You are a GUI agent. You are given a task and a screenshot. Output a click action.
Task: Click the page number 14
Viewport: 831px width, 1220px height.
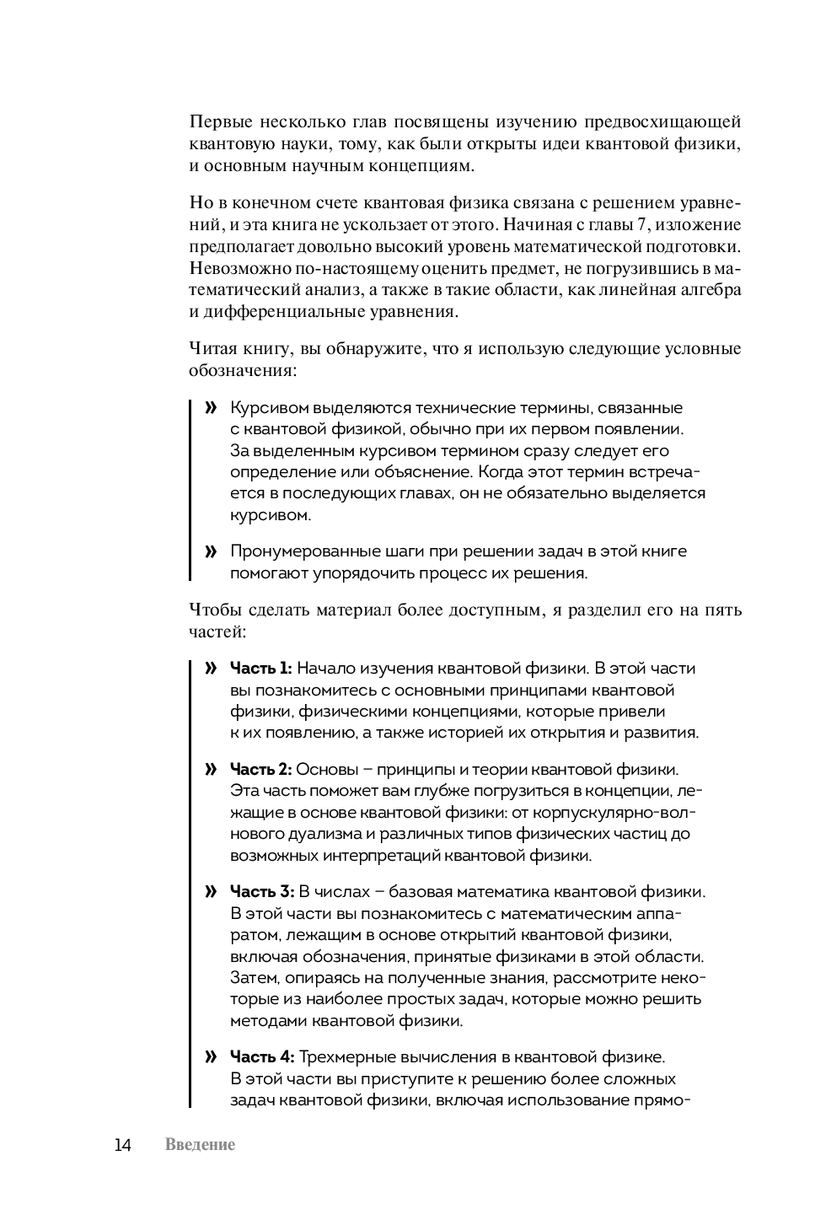(x=123, y=1145)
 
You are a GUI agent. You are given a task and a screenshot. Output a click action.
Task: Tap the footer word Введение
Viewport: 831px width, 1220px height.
(x=201, y=1145)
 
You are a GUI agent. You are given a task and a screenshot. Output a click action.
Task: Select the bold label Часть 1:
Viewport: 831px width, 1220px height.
(x=261, y=669)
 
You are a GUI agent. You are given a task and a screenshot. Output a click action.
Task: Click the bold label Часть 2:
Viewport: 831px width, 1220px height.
(x=261, y=770)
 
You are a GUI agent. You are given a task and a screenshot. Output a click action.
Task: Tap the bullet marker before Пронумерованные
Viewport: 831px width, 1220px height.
(x=211, y=552)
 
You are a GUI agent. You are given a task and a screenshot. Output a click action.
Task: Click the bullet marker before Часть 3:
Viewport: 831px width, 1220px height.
(x=211, y=892)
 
